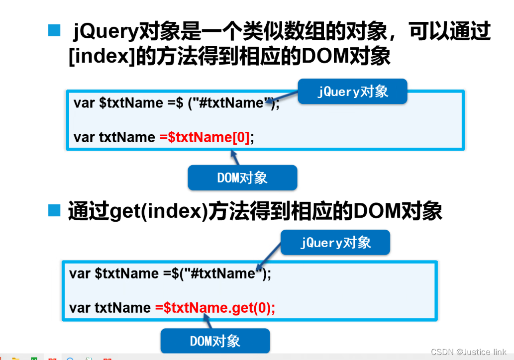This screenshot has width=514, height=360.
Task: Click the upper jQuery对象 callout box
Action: coord(352,91)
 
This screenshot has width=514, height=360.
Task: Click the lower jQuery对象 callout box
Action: coord(335,242)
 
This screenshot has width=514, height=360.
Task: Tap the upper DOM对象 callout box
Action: coord(242,178)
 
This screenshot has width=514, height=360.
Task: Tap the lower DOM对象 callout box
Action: coord(215,341)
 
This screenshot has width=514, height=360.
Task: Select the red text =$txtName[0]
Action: coord(204,137)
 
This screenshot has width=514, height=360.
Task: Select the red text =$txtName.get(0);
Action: coord(215,308)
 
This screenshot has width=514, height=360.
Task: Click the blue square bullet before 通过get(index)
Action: coord(53,210)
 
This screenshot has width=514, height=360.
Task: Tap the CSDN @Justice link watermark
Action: coord(468,352)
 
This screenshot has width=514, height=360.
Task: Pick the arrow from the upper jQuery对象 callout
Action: coord(284,98)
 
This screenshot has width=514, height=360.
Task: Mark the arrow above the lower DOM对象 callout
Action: coord(208,322)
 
